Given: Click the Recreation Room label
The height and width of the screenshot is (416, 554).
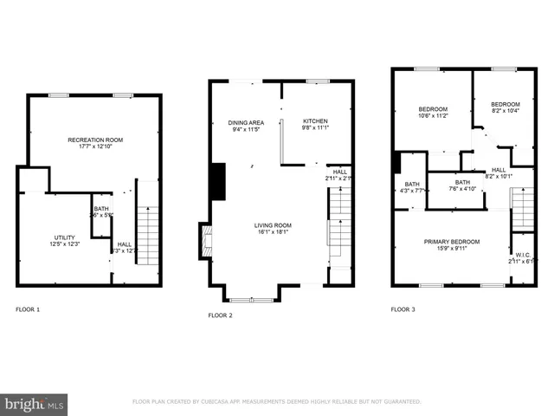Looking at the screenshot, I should coord(96,140).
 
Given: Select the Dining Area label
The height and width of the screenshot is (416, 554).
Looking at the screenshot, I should coord(245,122).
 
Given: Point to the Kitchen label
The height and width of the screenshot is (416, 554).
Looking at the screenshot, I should coord(315,121).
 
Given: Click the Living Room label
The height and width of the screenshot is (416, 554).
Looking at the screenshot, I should coord(273,226).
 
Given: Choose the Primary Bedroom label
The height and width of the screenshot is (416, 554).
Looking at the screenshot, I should coord(452,242).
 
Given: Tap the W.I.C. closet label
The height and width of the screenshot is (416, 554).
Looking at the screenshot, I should coord(522,254).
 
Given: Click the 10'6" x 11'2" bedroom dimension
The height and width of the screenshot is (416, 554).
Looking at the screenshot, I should coord(433,115).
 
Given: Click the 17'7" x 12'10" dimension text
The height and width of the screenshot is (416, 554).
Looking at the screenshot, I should coord(96,146).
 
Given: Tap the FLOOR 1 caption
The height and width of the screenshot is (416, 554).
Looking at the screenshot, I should coord(28,309).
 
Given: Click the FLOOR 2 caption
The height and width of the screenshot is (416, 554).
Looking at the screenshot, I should coord(220,315).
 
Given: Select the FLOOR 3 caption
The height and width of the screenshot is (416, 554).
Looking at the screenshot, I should coord(403,309).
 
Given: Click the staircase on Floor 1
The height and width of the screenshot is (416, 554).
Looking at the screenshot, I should coord(148,235).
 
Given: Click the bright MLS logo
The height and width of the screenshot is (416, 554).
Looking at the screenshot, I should coord(35,403).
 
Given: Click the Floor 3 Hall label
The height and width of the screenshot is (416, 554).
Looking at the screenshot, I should coord(499,170).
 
